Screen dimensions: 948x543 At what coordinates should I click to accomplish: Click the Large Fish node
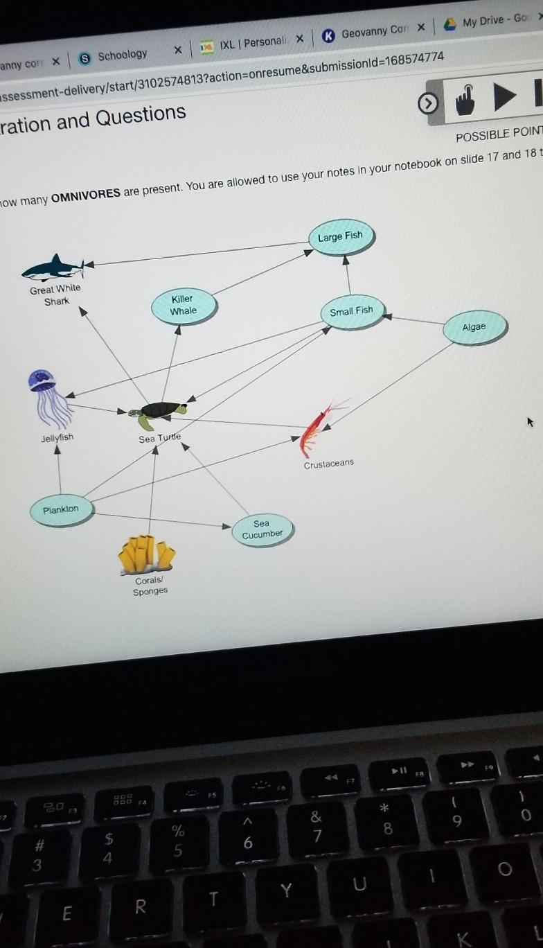pyautogui.click(x=340, y=236)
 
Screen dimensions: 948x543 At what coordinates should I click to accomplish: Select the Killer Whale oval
pyautogui.click(x=184, y=305)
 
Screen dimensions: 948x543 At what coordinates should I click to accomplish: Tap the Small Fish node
pyautogui.click(x=351, y=311)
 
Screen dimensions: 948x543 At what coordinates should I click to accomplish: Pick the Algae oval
pyautogui.click(x=474, y=327)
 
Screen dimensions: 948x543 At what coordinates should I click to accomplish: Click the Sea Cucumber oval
pyautogui.click(x=262, y=529)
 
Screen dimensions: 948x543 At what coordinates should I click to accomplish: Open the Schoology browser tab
pyautogui.click(x=122, y=55)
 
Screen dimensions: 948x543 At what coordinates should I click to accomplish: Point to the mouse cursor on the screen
pyautogui.click(x=530, y=421)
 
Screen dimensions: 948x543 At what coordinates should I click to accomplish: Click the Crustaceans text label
pyautogui.click(x=328, y=464)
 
